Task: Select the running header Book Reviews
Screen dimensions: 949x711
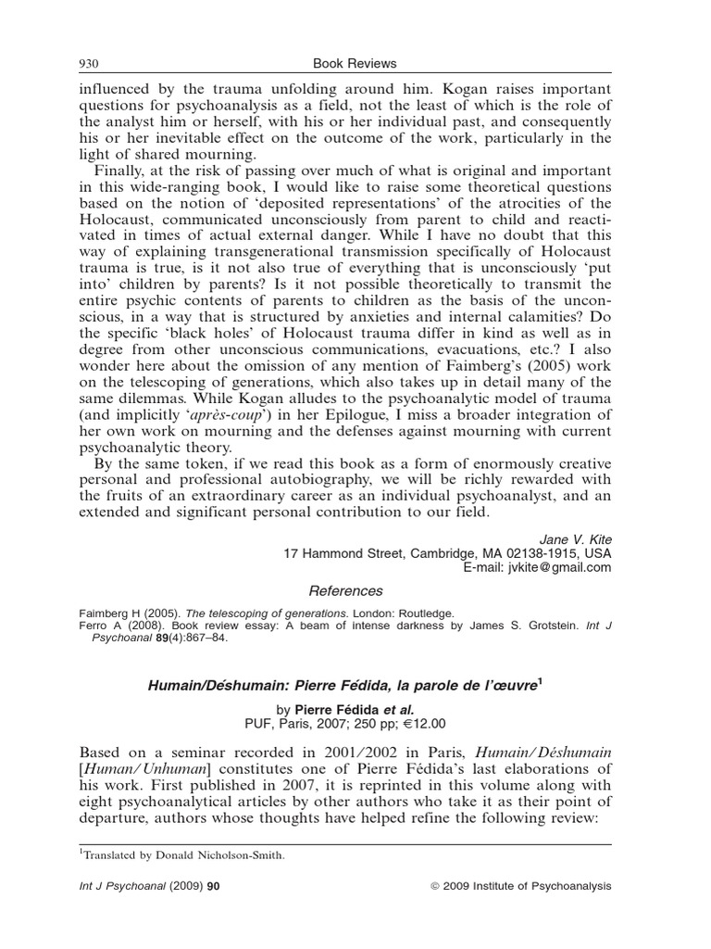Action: pos(355,63)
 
